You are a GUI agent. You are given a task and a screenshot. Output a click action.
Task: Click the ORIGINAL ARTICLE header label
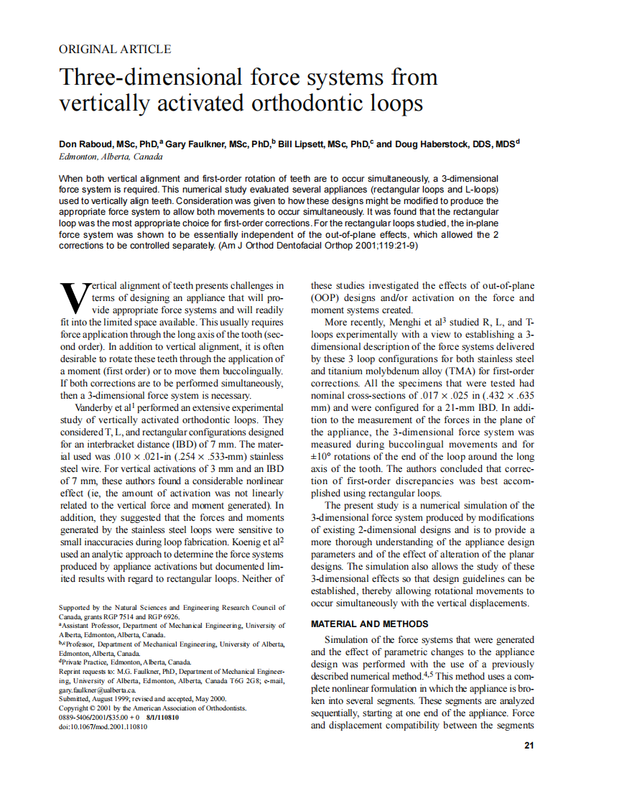115,50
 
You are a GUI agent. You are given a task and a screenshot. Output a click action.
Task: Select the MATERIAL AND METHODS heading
369,624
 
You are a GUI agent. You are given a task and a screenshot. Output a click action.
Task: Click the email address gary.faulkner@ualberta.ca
97,689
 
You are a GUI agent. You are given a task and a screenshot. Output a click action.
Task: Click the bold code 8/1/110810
166,717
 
